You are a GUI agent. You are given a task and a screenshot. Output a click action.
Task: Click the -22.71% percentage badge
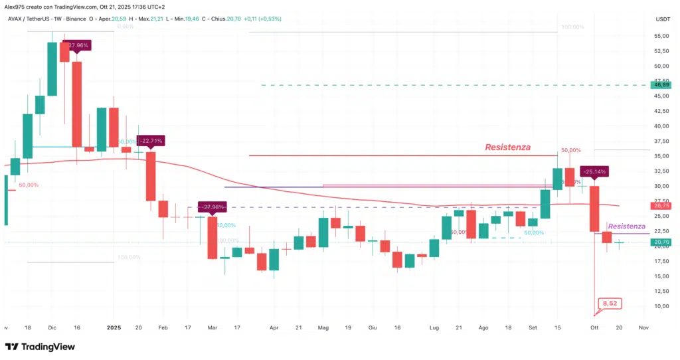coord(149,141)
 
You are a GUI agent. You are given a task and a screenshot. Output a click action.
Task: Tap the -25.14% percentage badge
coord(594,171)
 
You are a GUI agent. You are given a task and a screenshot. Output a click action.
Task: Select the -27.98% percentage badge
coord(212,207)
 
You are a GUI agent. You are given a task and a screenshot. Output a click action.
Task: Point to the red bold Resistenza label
coord(507,147)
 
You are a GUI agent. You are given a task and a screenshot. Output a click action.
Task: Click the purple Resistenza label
coord(627,226)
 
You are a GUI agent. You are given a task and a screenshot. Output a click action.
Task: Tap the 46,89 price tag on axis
coord(661,85)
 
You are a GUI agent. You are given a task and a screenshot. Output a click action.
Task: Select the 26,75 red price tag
coord(661,207)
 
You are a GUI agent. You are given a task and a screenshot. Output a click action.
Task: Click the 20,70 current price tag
coord(661,242)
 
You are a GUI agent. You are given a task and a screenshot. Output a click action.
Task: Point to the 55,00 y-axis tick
coord(661,36)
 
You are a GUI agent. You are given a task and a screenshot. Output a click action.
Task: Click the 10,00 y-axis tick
coord(661,306)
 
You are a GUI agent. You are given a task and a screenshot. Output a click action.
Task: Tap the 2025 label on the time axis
coord(114,327)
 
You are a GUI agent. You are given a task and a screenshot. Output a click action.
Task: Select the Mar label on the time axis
coord(212,327)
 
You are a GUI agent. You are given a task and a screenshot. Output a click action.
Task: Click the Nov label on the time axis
coord(643,327)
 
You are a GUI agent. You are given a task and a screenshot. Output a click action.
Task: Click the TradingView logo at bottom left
coord(40,347)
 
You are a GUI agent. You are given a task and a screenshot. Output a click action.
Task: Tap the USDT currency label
coord(661,19)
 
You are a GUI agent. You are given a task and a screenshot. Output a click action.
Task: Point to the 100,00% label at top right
coord(572,27)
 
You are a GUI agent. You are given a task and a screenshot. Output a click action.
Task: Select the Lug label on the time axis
coord(435,327)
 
